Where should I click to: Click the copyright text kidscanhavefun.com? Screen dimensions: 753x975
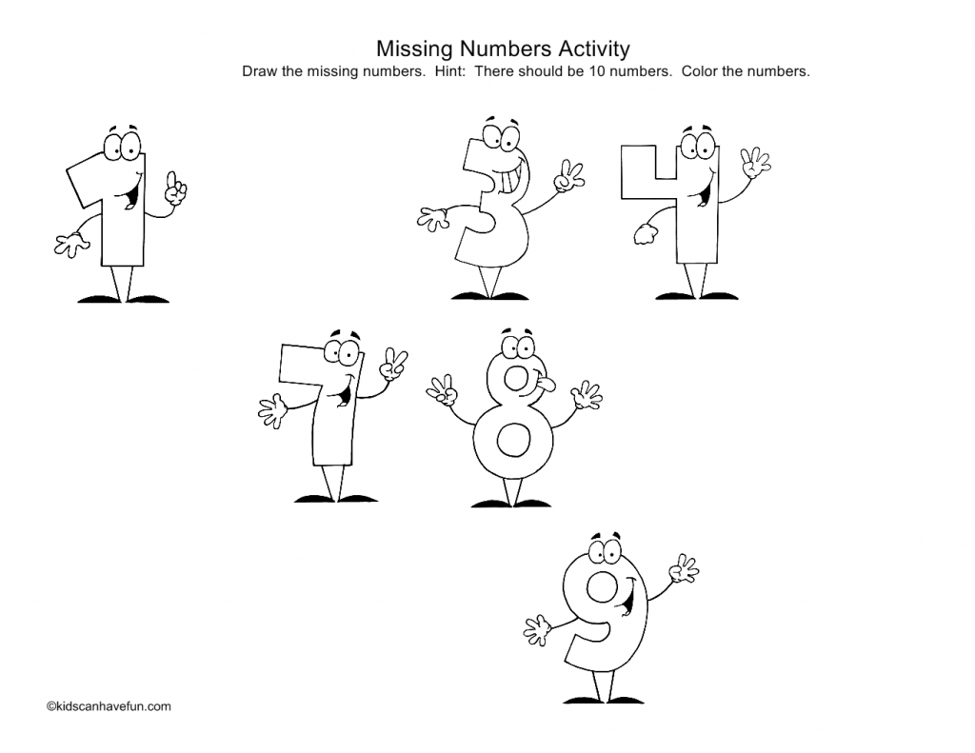[108, 706]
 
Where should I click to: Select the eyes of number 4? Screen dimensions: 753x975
[701, 145]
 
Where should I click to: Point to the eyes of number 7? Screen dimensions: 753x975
[341, 353]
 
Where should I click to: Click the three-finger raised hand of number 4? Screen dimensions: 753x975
[755, 163]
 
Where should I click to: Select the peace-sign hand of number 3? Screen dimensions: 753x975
[569, 174]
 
